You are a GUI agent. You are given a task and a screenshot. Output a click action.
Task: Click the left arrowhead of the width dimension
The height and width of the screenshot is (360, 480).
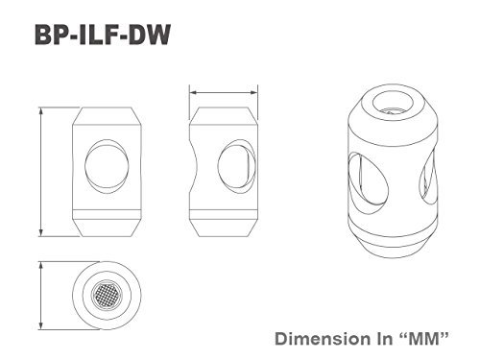[194, 92]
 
